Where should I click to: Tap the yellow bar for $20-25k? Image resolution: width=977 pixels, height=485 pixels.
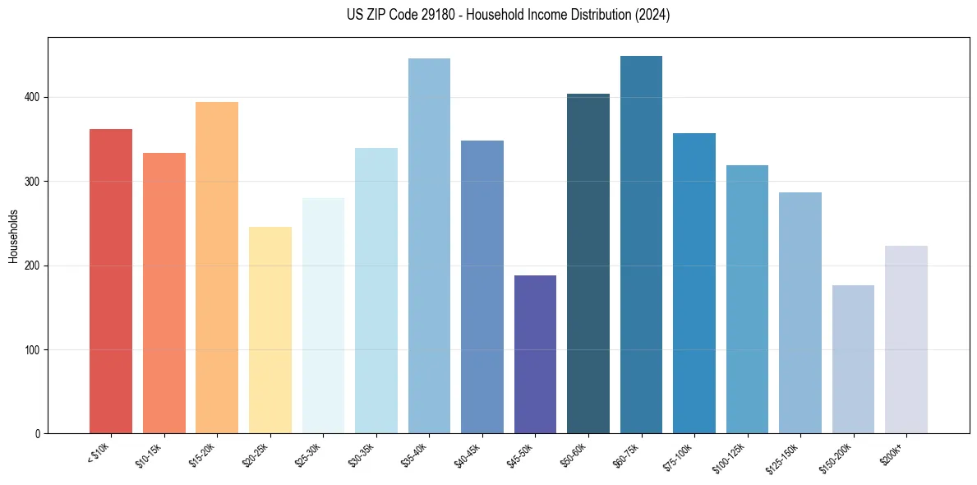270,330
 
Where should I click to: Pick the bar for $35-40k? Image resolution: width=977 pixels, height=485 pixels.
429,246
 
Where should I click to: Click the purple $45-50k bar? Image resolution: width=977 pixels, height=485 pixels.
535,354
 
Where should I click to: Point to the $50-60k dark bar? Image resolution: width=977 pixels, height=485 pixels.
588,263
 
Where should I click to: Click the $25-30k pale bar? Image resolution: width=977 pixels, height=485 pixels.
323,316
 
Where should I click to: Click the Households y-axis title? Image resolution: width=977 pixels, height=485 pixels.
14,235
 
